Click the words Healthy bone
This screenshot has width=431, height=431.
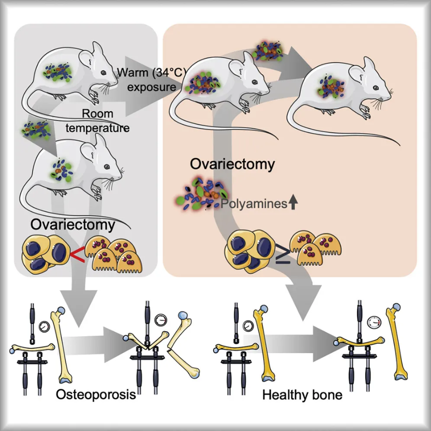(x=302, y=395)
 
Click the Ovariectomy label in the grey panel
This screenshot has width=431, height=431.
(x=73, y=225)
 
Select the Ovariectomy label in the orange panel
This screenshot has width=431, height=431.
(x=232, y=163)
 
